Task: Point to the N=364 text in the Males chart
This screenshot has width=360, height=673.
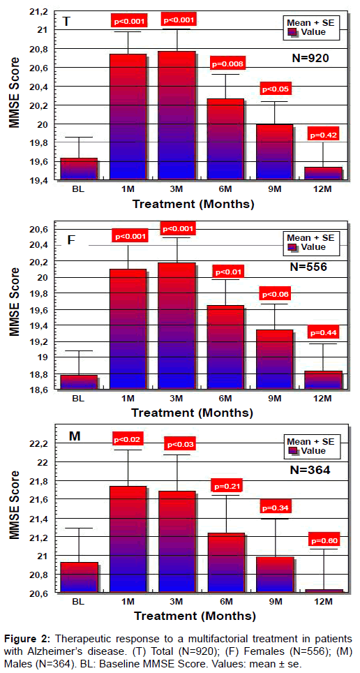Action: click(x=310, y=470)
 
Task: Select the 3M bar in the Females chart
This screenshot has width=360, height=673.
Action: click(x=177, y=325)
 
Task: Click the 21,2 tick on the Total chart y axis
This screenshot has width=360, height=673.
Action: click(x=38, y=12)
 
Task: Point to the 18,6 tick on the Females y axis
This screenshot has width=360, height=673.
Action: click(x=38, y=389)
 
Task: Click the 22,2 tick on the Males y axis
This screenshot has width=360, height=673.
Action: click(x=38, y=443)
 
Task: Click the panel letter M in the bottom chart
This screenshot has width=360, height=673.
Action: click(x=73, y=436)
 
